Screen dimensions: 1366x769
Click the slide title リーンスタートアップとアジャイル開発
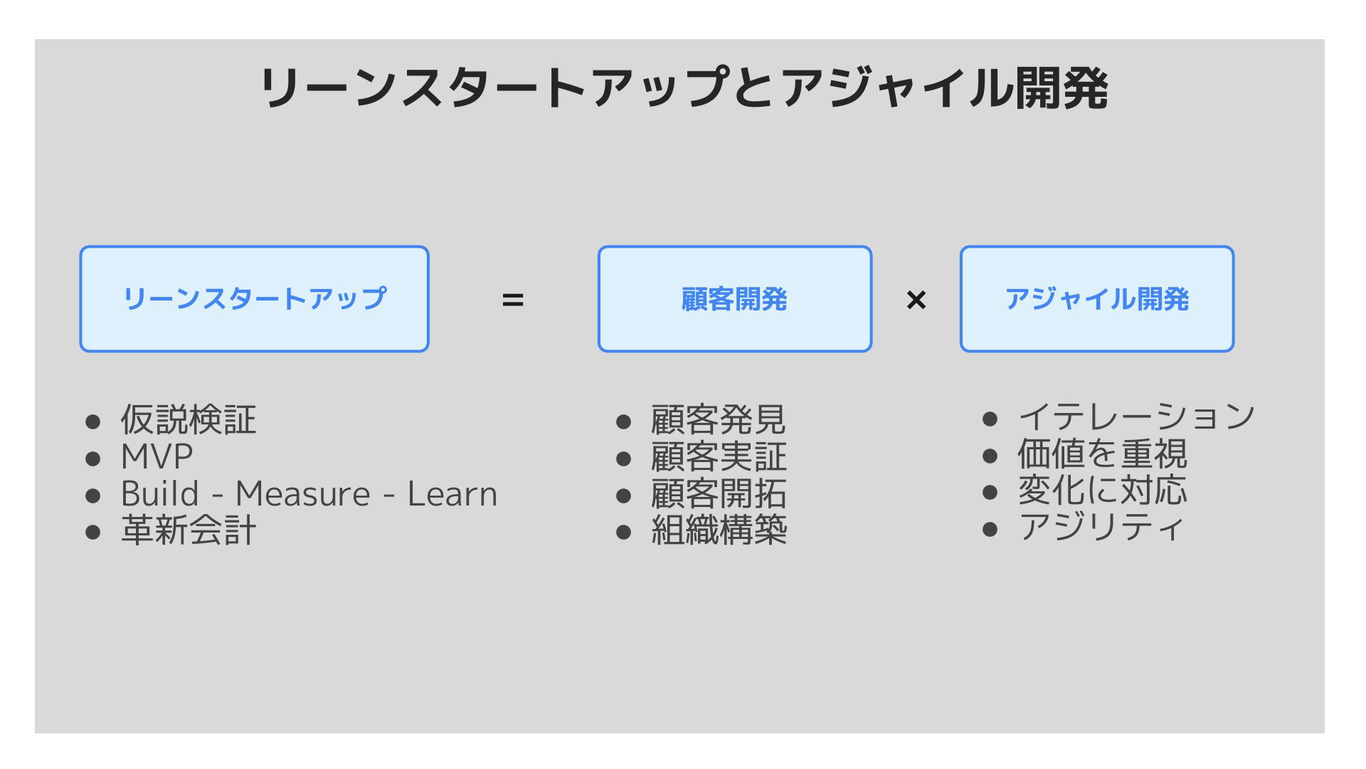(x=684, y=88)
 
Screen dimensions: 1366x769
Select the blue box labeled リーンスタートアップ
(x=254, y=299)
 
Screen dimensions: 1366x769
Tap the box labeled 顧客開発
(x=735, y=299)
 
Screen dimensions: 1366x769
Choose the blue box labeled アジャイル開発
(x=1097, y=299)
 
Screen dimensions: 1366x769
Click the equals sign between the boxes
(x=513, y=300)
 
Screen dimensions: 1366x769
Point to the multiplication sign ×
(x=916, y=300)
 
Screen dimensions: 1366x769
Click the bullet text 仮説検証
(x=189, y=419)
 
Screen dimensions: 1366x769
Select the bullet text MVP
(x=157, y=456)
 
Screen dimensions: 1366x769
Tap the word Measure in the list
(x=303, y=494)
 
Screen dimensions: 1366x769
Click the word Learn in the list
(x=452, y=494)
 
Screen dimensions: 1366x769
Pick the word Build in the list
(x=160, y=493)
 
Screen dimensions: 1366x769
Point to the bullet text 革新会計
(x=189, y=530)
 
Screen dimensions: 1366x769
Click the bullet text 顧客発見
(x=719, y=419)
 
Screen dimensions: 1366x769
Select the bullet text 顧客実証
(x=719, y=456)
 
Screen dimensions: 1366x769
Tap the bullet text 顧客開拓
(x=719, y=493)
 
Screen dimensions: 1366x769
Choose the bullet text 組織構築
(x=719, y=530)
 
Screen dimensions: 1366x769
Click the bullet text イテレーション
(x=1136, y=417)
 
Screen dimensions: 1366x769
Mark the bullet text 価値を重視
(x=1102, y=454)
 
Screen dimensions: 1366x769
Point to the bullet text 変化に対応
(x=1102, y=491)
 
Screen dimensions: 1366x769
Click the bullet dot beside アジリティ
(x=990, y=529)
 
